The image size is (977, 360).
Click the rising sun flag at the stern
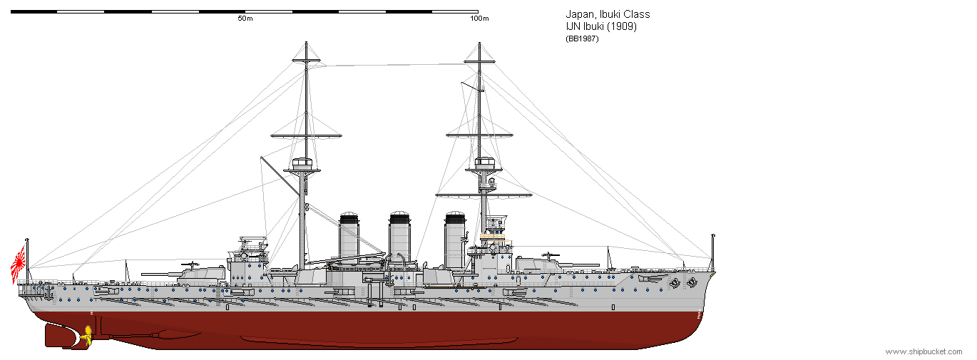pyautogui.click(x=19, y=262)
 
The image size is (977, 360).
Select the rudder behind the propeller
pyautogui.click(x=61, y=335)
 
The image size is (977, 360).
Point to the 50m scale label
pyautogui.click(x=245, y=19)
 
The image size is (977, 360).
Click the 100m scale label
pyautogui.click(x=479, y=19)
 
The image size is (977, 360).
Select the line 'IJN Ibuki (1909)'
pyautogui.click(x=600, y=26)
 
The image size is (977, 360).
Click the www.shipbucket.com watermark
pyautogui.click(x=924, y=351)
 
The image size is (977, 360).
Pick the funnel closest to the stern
pyautogui.click(x=349, y=235)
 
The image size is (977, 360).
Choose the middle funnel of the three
pyautogui.click(x=399, y=235)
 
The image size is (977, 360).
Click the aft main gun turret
pyautogui.click(x=202, y=272)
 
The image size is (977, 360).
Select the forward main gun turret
pyautogui.click(x=537, y=265)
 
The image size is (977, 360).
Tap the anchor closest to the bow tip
pyautogui.click(x=690, y=282)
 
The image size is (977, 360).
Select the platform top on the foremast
pyautogui.click(x=485, y=163)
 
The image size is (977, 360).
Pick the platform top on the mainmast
pyautogui.click(x=304, y=163)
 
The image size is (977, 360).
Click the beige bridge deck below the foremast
pyautogui.click(x=492, y=233)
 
